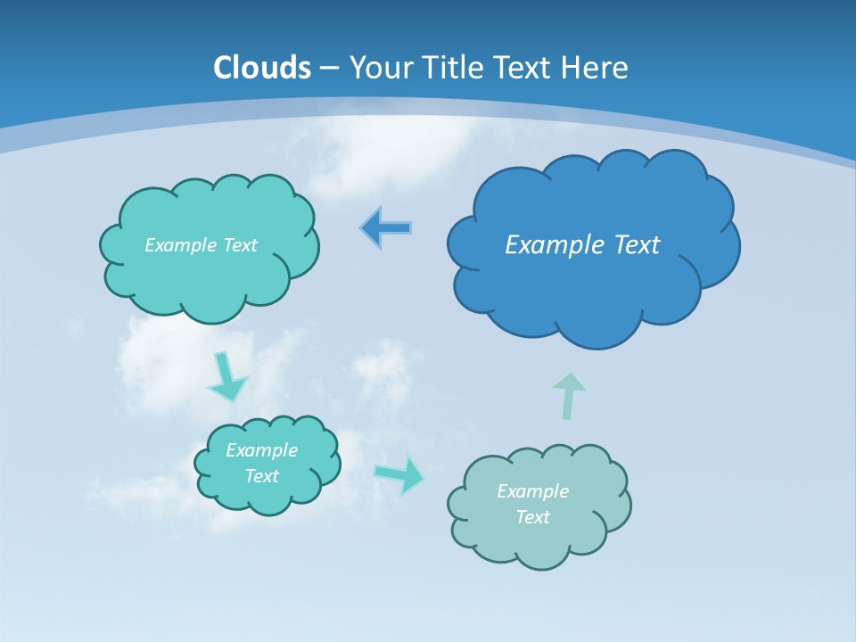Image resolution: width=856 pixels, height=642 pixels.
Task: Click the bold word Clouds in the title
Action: click(x=262, y=68)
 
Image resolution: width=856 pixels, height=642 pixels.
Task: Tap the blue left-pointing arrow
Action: click(x=386, y=228)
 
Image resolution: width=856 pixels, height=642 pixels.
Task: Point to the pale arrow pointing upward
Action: click(x=569, y=395)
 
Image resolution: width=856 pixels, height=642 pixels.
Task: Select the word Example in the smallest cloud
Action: click(x=261, y=450)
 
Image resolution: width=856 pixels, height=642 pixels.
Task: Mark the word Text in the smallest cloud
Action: click(x=261, y=476)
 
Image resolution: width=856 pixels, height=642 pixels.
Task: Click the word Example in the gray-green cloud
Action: click(x=532, y=491)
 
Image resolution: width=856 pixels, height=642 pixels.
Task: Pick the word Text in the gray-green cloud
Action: click(x=532, y=517)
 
